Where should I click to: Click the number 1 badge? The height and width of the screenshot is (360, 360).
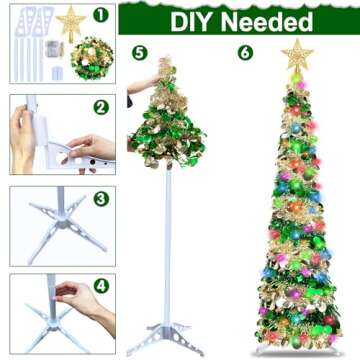point(100,16)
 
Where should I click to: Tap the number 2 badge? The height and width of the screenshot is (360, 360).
point(100,107)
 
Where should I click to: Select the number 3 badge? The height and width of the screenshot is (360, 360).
point(100,198)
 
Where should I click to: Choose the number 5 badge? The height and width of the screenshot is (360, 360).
point(139,51)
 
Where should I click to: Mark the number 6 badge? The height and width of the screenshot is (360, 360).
point(245,51)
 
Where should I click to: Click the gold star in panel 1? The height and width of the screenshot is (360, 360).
point(70,22)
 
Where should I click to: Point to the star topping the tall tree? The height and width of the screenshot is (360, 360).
point(297,54)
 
